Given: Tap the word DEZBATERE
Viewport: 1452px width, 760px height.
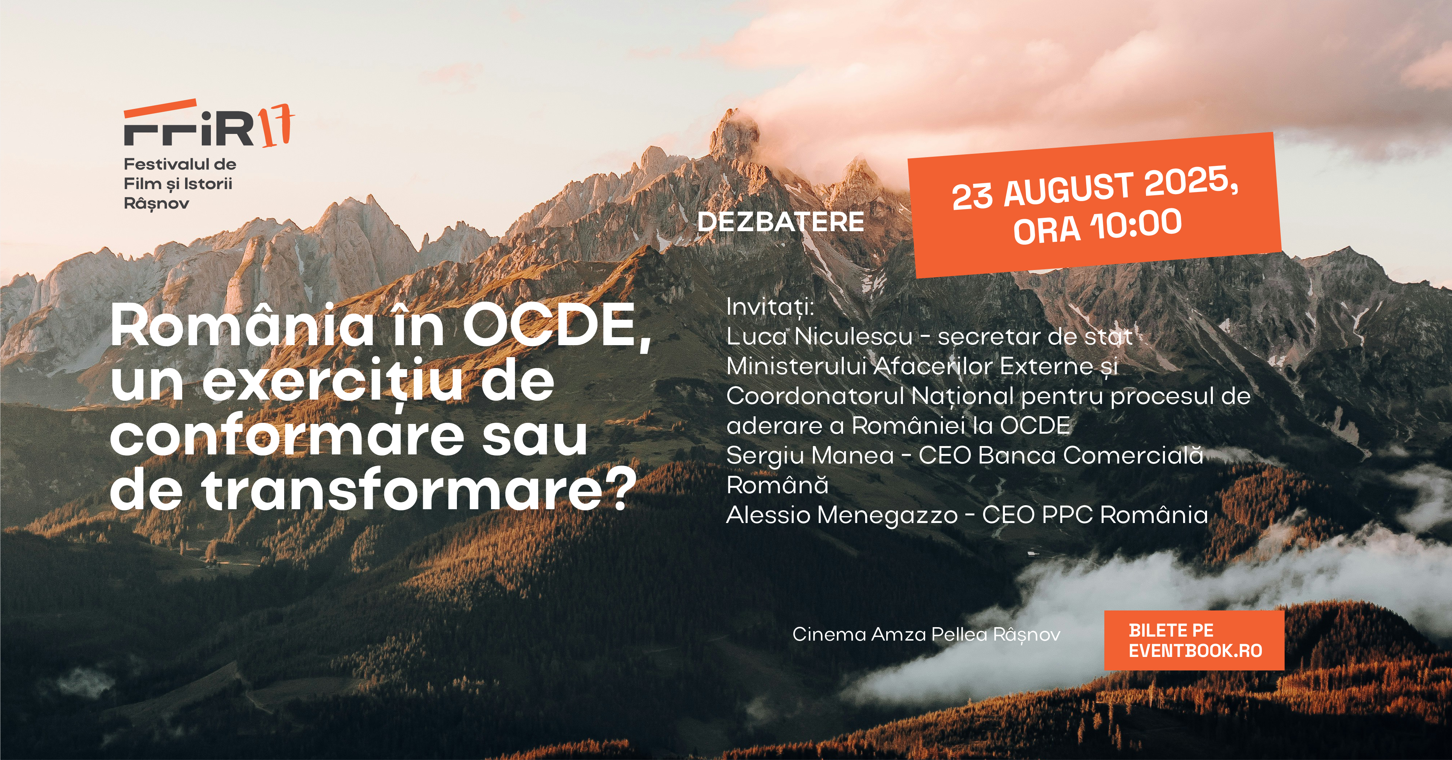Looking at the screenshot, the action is point(781,221).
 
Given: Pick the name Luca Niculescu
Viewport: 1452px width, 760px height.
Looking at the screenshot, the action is point(819,336).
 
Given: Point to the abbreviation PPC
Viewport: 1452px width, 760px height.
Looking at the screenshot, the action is point(1067,515).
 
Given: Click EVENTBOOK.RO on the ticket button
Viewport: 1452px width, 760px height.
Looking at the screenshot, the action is point(1195,651).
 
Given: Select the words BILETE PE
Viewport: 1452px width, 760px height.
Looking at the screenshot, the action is point(1171,630).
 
